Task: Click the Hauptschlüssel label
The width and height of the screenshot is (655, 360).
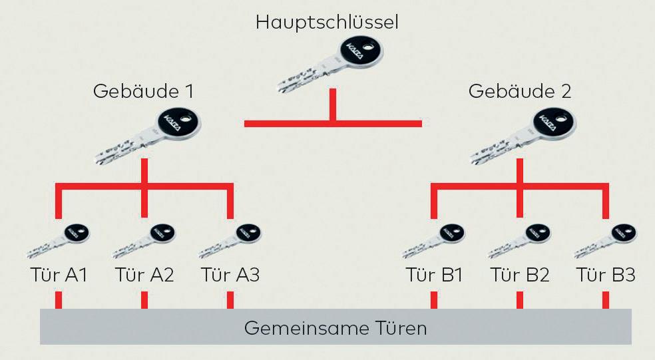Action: (x=327, y=23)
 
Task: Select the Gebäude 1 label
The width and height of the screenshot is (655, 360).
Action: (x=144, y=91)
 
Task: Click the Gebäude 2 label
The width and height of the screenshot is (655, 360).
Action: (x=520, y=91)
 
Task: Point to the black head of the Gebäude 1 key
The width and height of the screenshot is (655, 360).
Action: (x=179, y=124)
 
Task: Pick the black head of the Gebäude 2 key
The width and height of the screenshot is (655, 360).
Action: (x=554, y=124)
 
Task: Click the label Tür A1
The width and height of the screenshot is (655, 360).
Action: (x=58, y=275)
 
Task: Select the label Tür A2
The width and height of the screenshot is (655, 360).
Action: (x=144, y=275)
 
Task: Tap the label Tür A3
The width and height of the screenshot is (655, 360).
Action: (x=230, y=275)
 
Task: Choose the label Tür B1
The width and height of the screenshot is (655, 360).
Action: (x=434, y=275)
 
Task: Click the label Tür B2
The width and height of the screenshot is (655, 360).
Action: (x=520, y=275)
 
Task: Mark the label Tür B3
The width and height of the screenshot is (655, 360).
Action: (x=606, y=275)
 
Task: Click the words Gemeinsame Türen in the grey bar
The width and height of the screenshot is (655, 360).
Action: (x=335, y=328)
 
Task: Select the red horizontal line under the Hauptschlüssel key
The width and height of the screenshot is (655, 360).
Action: (x=333, y=123)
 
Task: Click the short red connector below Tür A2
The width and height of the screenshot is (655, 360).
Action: (x=144, y=299)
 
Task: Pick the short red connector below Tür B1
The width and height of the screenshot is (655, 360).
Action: (x=434, y=299)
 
